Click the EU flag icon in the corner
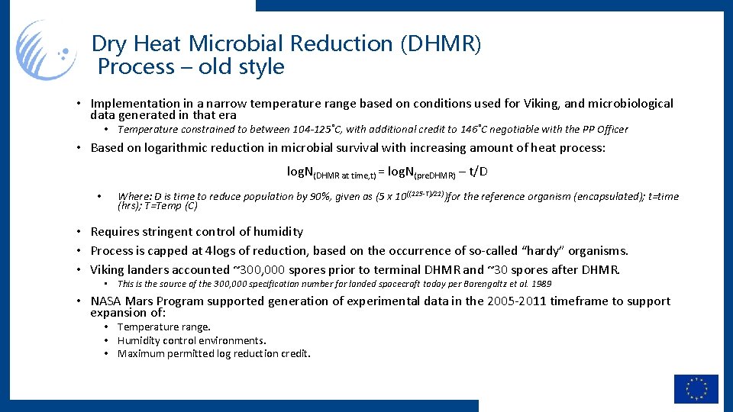[x=696, y=388]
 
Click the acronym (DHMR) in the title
[x=441, y=43]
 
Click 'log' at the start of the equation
[x=296, y=172]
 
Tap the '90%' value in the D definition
[x=318, y=197]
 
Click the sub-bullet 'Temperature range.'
[x=163, y=327]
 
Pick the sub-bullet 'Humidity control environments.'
[x=192, y=340]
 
